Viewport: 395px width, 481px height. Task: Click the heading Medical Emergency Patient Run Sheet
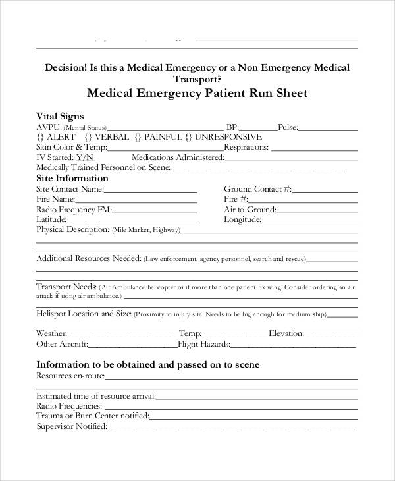click(197, 94)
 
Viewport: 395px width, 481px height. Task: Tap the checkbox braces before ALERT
click(41, 137)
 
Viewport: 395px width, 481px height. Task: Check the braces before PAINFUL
click(138, 137)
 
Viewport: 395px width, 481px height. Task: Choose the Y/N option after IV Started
click(86, 157)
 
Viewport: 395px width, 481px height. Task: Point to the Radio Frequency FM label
click(73, 210)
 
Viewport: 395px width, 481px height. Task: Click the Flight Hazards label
click(203, 344)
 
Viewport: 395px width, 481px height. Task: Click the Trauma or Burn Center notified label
click(92, 416)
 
